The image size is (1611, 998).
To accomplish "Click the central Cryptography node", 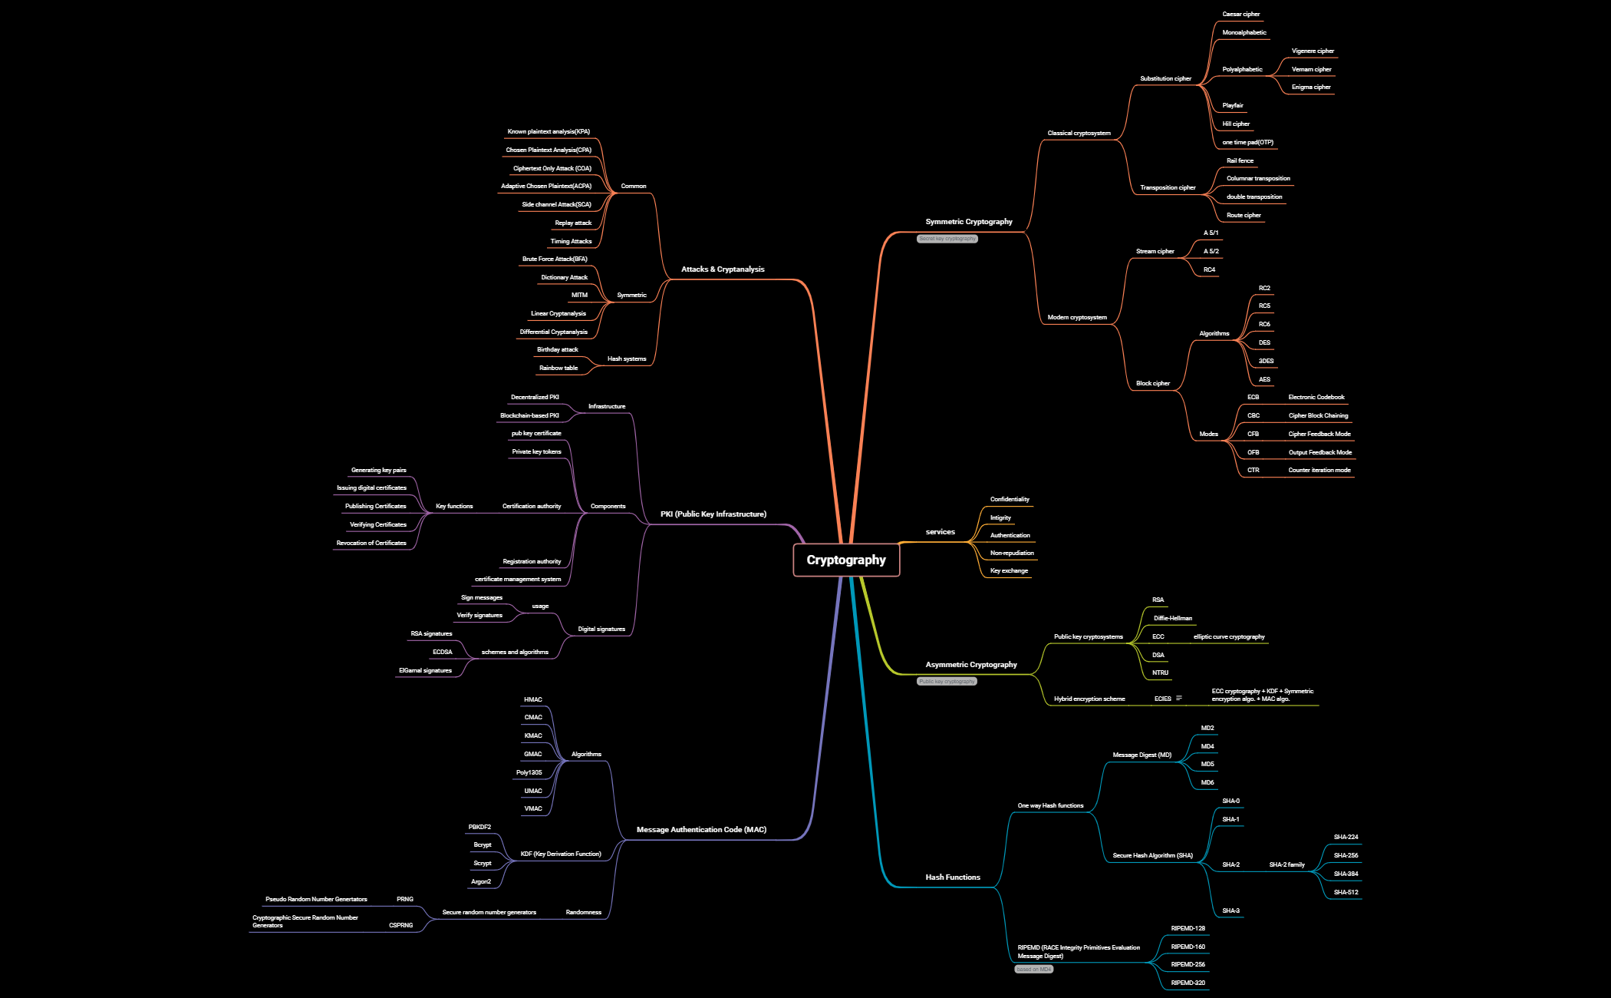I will [x=846, y=560].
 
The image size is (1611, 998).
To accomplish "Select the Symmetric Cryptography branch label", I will [x=969, y=222].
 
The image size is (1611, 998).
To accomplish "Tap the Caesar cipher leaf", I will [x=1240, y=15].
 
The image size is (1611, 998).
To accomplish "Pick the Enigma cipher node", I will [x=1311, y=88].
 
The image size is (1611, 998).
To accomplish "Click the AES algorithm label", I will [x=1264, y=379].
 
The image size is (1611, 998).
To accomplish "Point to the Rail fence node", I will [x=1240, y=161].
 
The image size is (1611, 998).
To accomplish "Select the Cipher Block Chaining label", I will [x=1318, y=416].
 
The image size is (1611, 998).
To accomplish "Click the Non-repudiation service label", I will [x=1012, y=554].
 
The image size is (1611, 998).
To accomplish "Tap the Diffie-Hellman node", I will [x=1173, y=619].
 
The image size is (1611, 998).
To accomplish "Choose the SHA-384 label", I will [x=1346, y=874].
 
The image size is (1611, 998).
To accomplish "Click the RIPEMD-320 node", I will [x=1188, y=983].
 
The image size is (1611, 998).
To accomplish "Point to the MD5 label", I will [x=1207, y=765].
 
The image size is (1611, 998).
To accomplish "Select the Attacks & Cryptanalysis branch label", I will [x=723, y=269].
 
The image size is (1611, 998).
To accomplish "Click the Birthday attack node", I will [x=558, y=350].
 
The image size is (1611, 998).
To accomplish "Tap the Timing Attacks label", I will [x=571, y=242].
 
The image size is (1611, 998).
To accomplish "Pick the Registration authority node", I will [x=532, y=562].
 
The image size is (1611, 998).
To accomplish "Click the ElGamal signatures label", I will [x=425, y=671].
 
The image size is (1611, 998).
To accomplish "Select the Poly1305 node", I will [x=529, y=773].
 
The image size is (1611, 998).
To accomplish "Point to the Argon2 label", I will [x=481, y=882].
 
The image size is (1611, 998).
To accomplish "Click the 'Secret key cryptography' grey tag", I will [x=947, y=239].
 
